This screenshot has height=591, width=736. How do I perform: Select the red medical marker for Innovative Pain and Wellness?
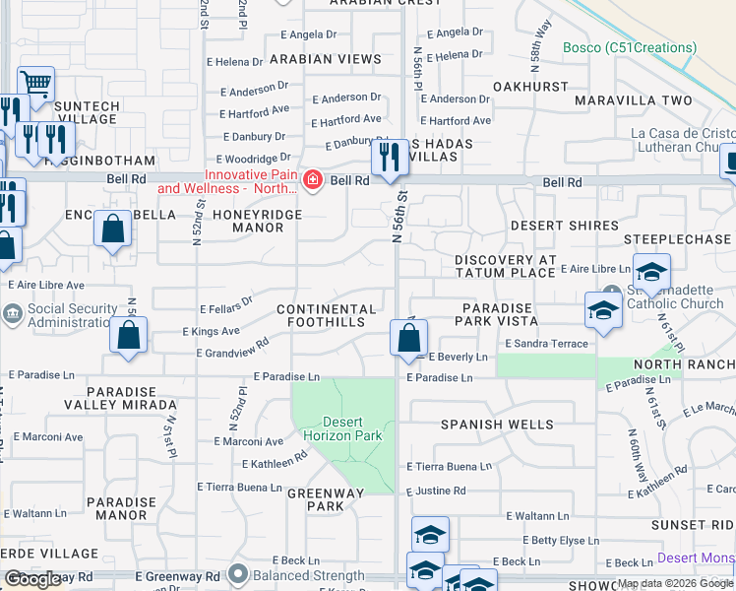[x=313, y=180]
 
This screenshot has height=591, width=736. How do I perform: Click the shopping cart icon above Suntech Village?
[x=35, y=85]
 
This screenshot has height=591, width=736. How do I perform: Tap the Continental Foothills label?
[x=327, y=316]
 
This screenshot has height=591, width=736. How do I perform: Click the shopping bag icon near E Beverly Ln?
[x=408, y=339]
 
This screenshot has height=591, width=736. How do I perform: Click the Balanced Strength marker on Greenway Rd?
[x=236, y=573]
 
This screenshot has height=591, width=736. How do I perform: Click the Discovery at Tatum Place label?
[x=506, y=266]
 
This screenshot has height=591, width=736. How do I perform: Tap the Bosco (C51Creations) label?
[x=630, y=47]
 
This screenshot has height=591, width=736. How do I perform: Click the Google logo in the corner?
[x=32, y=579]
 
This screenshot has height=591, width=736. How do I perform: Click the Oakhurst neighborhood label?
[x=530, y=87]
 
